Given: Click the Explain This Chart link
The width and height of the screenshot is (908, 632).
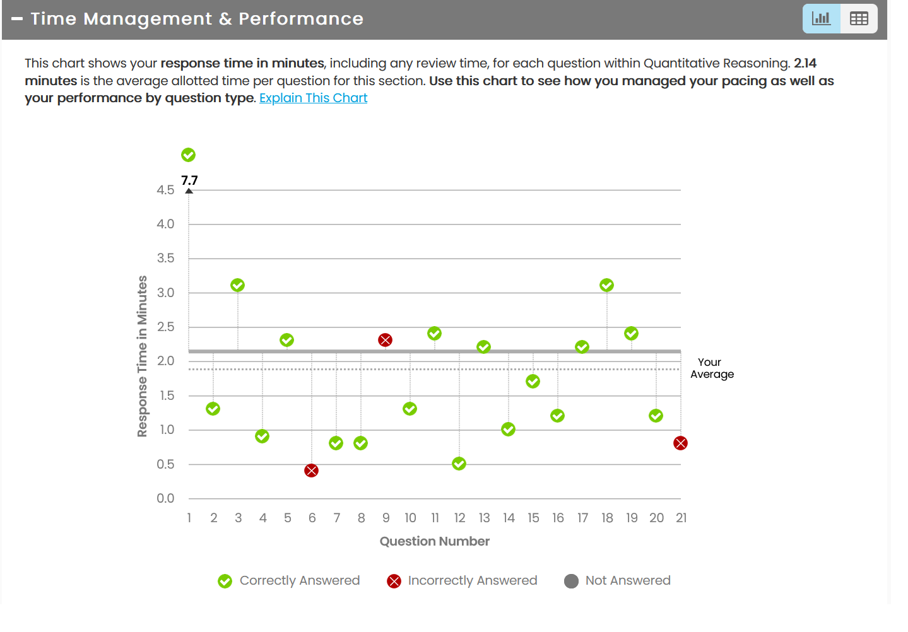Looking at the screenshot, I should coord(313,98).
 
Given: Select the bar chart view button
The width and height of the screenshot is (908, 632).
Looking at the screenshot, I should coord(821,19).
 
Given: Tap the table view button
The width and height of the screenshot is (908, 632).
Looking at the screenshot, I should coord(859,19).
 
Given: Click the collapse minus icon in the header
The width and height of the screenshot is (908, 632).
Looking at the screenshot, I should coord(17,19).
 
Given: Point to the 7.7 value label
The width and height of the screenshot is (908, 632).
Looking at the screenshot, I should coord(189,180).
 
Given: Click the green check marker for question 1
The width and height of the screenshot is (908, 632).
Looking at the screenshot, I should coord(188,155).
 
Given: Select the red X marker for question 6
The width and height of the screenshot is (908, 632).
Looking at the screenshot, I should coord(311,471).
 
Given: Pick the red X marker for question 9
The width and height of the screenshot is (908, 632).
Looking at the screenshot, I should coord(385,340).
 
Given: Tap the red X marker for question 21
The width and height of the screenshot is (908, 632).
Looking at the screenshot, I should coord(680,443).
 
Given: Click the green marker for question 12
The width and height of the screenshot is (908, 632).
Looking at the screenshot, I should coord(459,464).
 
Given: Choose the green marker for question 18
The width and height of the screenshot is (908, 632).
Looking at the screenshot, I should coord(606,285).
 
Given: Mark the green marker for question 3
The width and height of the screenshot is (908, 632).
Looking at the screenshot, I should coord(237,285).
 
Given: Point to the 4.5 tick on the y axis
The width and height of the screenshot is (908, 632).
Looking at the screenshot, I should coord(165,190).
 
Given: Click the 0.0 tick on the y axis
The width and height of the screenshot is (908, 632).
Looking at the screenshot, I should coord(165,498).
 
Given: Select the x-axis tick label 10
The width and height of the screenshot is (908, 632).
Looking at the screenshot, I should coord(410,518).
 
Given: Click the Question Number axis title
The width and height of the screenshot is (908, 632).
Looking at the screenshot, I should coord(434,541).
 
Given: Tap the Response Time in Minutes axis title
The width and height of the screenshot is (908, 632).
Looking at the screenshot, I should coord(143,356).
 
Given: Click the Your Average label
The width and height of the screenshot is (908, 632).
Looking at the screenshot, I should coord(712,368).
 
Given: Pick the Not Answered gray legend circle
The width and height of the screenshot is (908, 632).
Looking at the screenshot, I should coord(571,581).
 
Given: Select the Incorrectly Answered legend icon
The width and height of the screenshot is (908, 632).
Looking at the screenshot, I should coord(394,581).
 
